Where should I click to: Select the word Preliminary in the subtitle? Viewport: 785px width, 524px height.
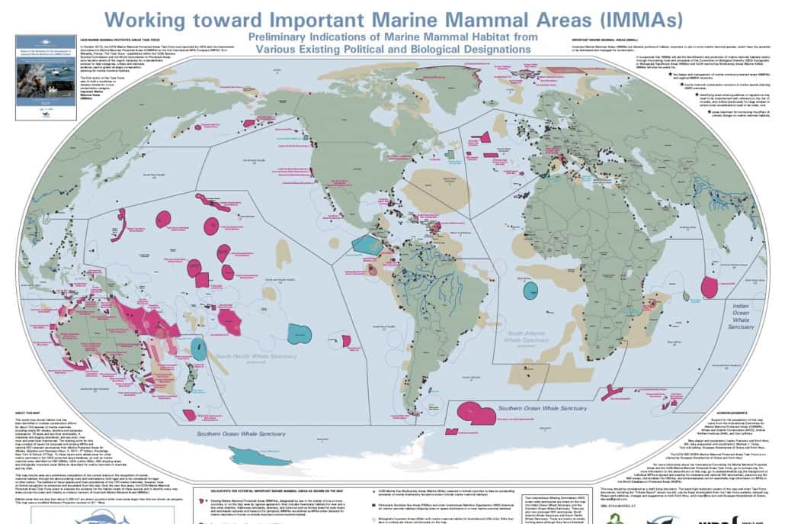(284, 37)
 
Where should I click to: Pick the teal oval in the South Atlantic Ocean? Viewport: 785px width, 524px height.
(530, 289)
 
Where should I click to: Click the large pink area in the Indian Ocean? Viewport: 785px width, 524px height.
(710, 287)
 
